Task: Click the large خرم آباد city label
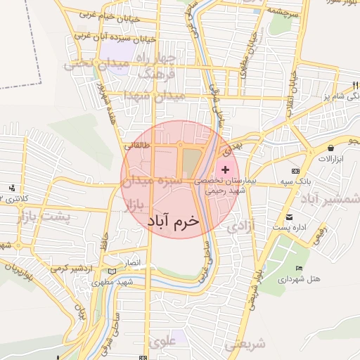[x=173, y=221]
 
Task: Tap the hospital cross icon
[x=225, y=170]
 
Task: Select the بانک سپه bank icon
[x=295, y=172]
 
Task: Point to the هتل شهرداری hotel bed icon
[x=300, y=269]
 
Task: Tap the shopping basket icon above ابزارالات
[x=330, y=148]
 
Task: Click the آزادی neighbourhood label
[x=240, y=227]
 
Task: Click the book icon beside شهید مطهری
[x=115, y=271]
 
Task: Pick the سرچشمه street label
[x=283, y=13]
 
